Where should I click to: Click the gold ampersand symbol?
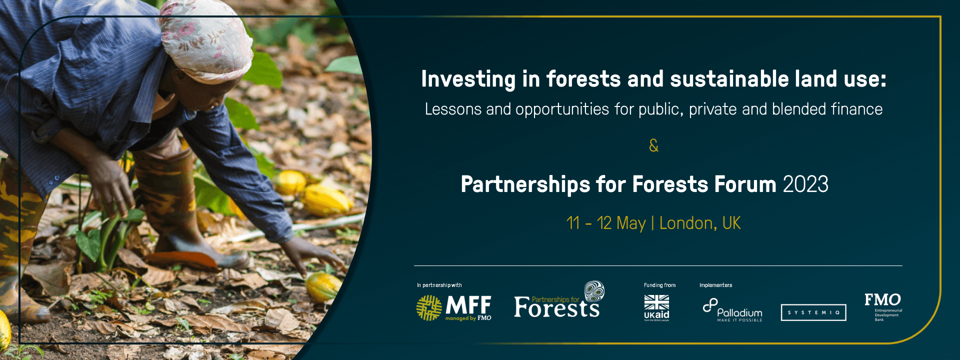[653, 145]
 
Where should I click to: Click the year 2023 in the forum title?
[805, 184]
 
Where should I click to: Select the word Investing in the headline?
[468, 79]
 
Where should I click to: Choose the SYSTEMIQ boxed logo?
[813, 312]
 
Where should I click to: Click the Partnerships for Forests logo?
[558, 302]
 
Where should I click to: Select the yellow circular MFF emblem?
[429, 307]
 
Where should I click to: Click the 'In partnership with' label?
[439, 285]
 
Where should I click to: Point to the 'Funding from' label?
[659, 285]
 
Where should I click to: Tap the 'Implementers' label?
[715, 285]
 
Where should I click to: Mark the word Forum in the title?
[745, 184]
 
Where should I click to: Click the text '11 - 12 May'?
[605, 223]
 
